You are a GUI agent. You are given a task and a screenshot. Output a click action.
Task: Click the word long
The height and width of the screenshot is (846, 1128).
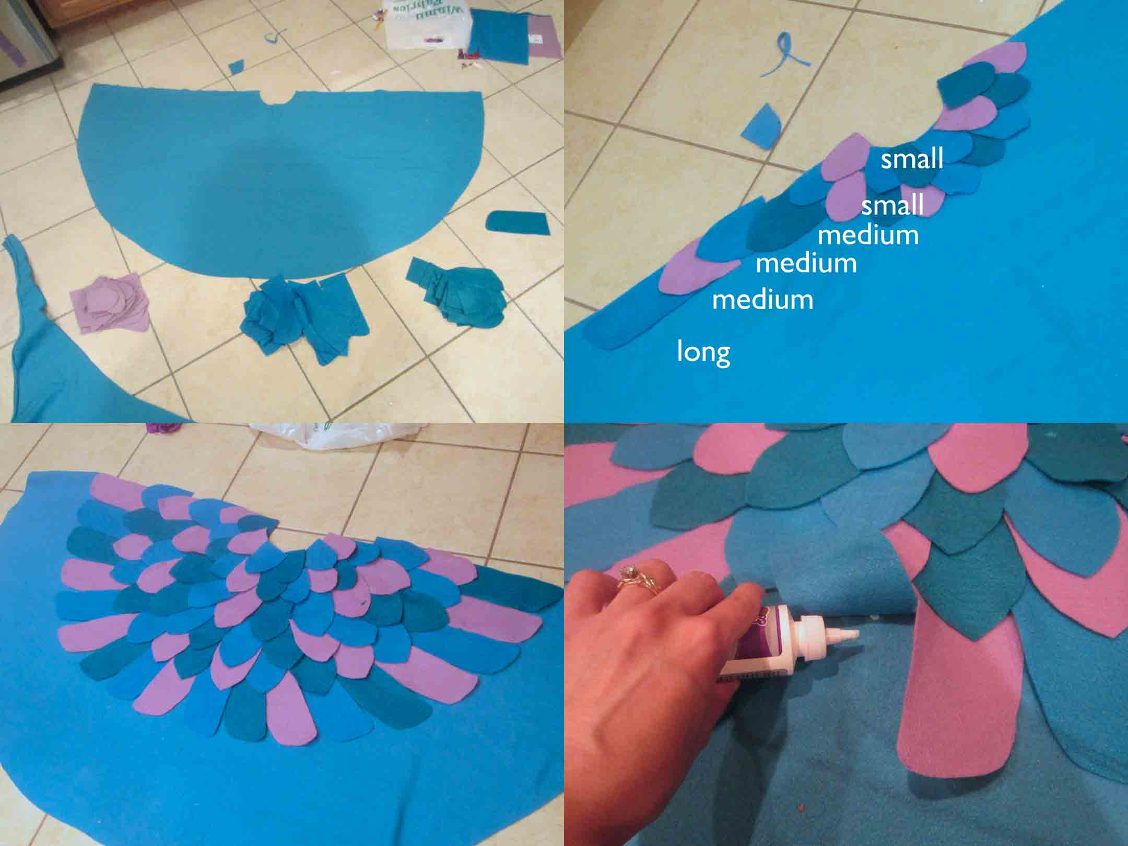point(703,352)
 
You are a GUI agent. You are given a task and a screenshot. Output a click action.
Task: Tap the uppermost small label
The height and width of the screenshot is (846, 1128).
point(912,159)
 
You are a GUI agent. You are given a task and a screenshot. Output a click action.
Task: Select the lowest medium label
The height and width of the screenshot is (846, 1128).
point(762,300)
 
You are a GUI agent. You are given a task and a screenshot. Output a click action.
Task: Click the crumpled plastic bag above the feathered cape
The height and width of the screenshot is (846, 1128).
point(334,435)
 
